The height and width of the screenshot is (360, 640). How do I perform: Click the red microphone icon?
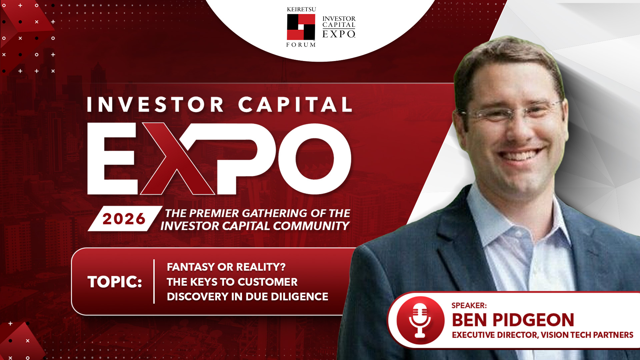point(420,320)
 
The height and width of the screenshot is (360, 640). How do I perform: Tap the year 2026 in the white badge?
point(124,219)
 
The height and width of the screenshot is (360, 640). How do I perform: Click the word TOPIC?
point(115,282)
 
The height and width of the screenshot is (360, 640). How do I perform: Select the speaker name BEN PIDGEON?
point(513,320)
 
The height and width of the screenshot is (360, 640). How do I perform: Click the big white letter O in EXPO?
point(314,159)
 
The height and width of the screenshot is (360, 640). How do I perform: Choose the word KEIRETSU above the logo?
point(301,9)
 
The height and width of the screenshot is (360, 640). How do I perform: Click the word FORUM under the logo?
point(301,45)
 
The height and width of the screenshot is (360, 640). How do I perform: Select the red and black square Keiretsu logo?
point(301,27)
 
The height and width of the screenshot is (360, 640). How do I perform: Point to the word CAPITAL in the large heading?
point(295,105)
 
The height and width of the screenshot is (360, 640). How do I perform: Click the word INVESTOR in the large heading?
point(155,105)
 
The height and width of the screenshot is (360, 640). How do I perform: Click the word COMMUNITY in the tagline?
point(311,226)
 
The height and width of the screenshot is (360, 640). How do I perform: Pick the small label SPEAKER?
point(469,305)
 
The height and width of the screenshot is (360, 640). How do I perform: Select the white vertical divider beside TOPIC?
point(154,282)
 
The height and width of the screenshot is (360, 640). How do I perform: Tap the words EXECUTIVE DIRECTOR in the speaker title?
point(495,335)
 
